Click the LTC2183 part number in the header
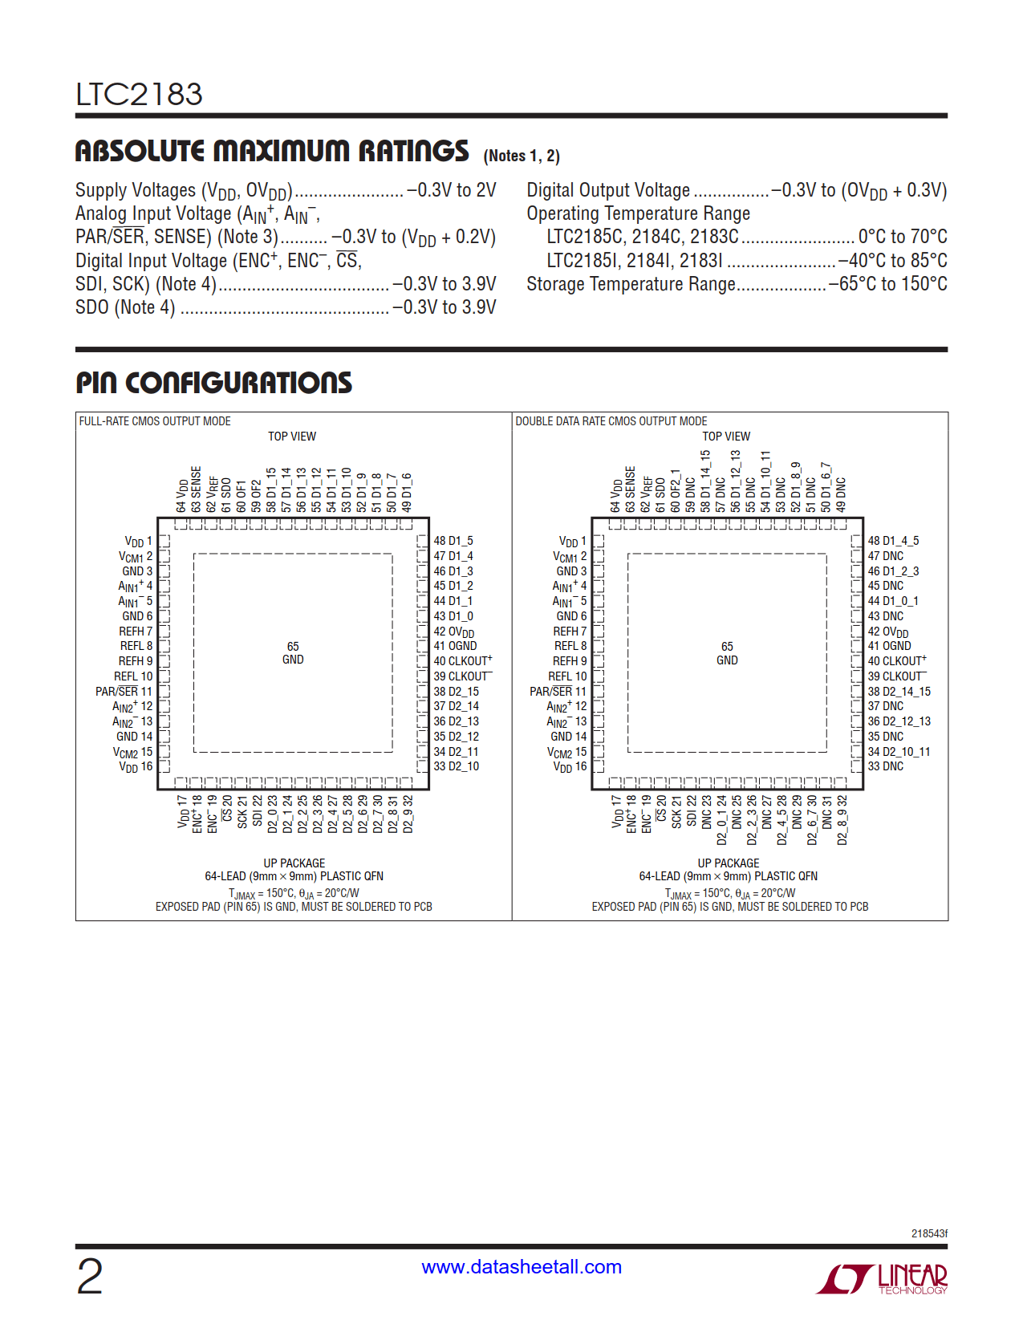pos(139,95)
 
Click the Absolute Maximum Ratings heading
pos(272,152)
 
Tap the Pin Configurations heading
pos(213,383)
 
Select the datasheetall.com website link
pos(522,1267)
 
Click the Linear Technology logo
pos(882,1278)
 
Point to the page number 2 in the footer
pos(90,1277)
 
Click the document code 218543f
pos(928,1233)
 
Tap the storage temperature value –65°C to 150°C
pos(888,284)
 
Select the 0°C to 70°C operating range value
pos(903,237)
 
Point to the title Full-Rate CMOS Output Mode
pos(155,421)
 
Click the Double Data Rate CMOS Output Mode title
pos(611,421)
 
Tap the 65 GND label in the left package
pos(293,653)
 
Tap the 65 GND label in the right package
pos(727,653)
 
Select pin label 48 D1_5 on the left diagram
pos(453,541)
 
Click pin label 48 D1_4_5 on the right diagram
pos(893,541)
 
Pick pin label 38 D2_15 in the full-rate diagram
pos(456,692)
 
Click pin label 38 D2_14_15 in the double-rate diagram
pos(899,692)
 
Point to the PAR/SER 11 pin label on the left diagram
pos(124,692)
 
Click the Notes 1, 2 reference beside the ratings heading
pos(522,156)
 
